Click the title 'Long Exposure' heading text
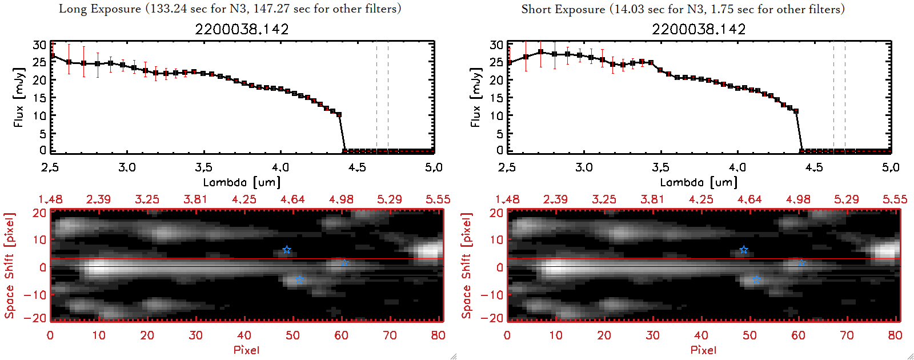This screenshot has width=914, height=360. pos(100,9)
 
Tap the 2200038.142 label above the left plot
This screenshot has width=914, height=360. pos(242,29)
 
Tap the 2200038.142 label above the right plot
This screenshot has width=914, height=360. pos(699,29)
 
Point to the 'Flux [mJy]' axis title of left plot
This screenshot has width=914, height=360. pos(19,97)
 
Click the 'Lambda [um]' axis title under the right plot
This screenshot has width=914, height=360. pos(699,182)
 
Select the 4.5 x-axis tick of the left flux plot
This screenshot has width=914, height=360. pos(357,167)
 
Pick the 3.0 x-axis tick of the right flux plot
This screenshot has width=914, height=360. pos(584,167)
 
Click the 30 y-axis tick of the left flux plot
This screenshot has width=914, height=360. pos(39,45)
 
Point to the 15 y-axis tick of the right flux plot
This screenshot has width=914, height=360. pos(496,98)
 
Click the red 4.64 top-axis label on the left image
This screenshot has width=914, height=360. pos(292,199)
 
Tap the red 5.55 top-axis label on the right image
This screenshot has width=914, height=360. pos(895,199)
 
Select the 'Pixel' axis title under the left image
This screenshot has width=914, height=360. pos(246,350)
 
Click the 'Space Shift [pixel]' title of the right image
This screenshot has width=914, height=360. pos(467,266)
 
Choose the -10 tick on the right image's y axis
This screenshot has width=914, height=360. pos(492,295)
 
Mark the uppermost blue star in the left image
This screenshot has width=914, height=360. pos(287,250)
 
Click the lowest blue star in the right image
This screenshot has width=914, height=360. pos(756,279)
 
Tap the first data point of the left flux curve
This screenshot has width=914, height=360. pos(53,56)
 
